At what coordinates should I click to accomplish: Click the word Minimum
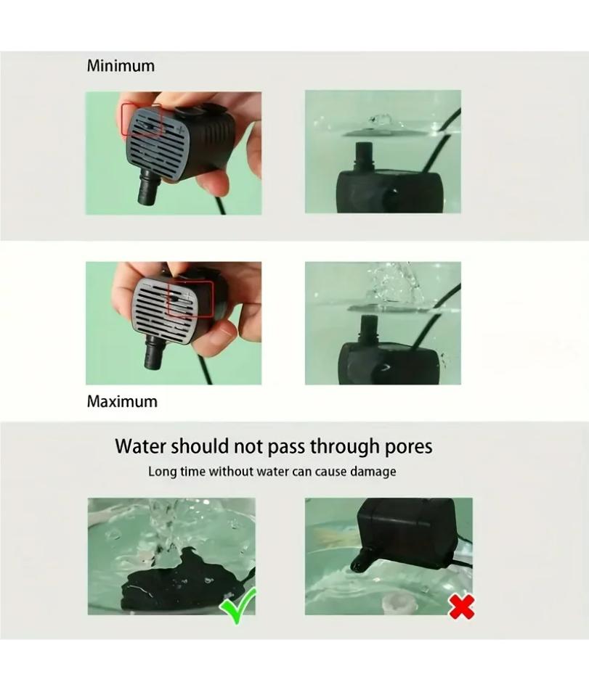pyautogui.click(x=121, y=66)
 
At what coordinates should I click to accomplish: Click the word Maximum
pyautogui.click(x=122, y=401)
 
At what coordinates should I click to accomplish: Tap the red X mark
pyautogui.click(x=462, y=606)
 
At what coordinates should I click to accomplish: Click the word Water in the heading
pyautogui.click(x=139, y=445)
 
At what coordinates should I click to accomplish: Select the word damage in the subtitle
pyautogui.click(x=373, y=472)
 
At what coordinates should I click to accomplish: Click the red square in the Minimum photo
pyautogui.click(x=141, y=120)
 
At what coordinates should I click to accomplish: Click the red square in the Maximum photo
pyautogui.click(x=190, y=300)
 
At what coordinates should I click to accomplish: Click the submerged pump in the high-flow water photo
pyautogui.click(x=389, y=356)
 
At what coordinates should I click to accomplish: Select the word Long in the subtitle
pyautogui.click(x=162, y=472)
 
